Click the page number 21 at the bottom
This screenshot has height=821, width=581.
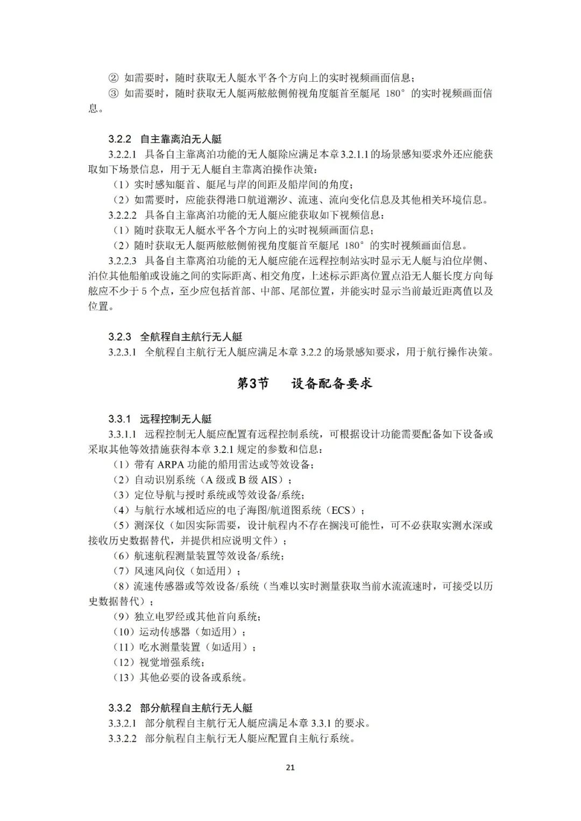point(290,767)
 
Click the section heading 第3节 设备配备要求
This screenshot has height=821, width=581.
point(304,384)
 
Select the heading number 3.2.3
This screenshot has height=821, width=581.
point(119,337)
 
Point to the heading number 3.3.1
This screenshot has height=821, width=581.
point(119,418)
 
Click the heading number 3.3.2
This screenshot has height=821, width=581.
point(119,707)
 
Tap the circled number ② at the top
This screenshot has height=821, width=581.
point(114,78)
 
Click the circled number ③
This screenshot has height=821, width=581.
point(114,93)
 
